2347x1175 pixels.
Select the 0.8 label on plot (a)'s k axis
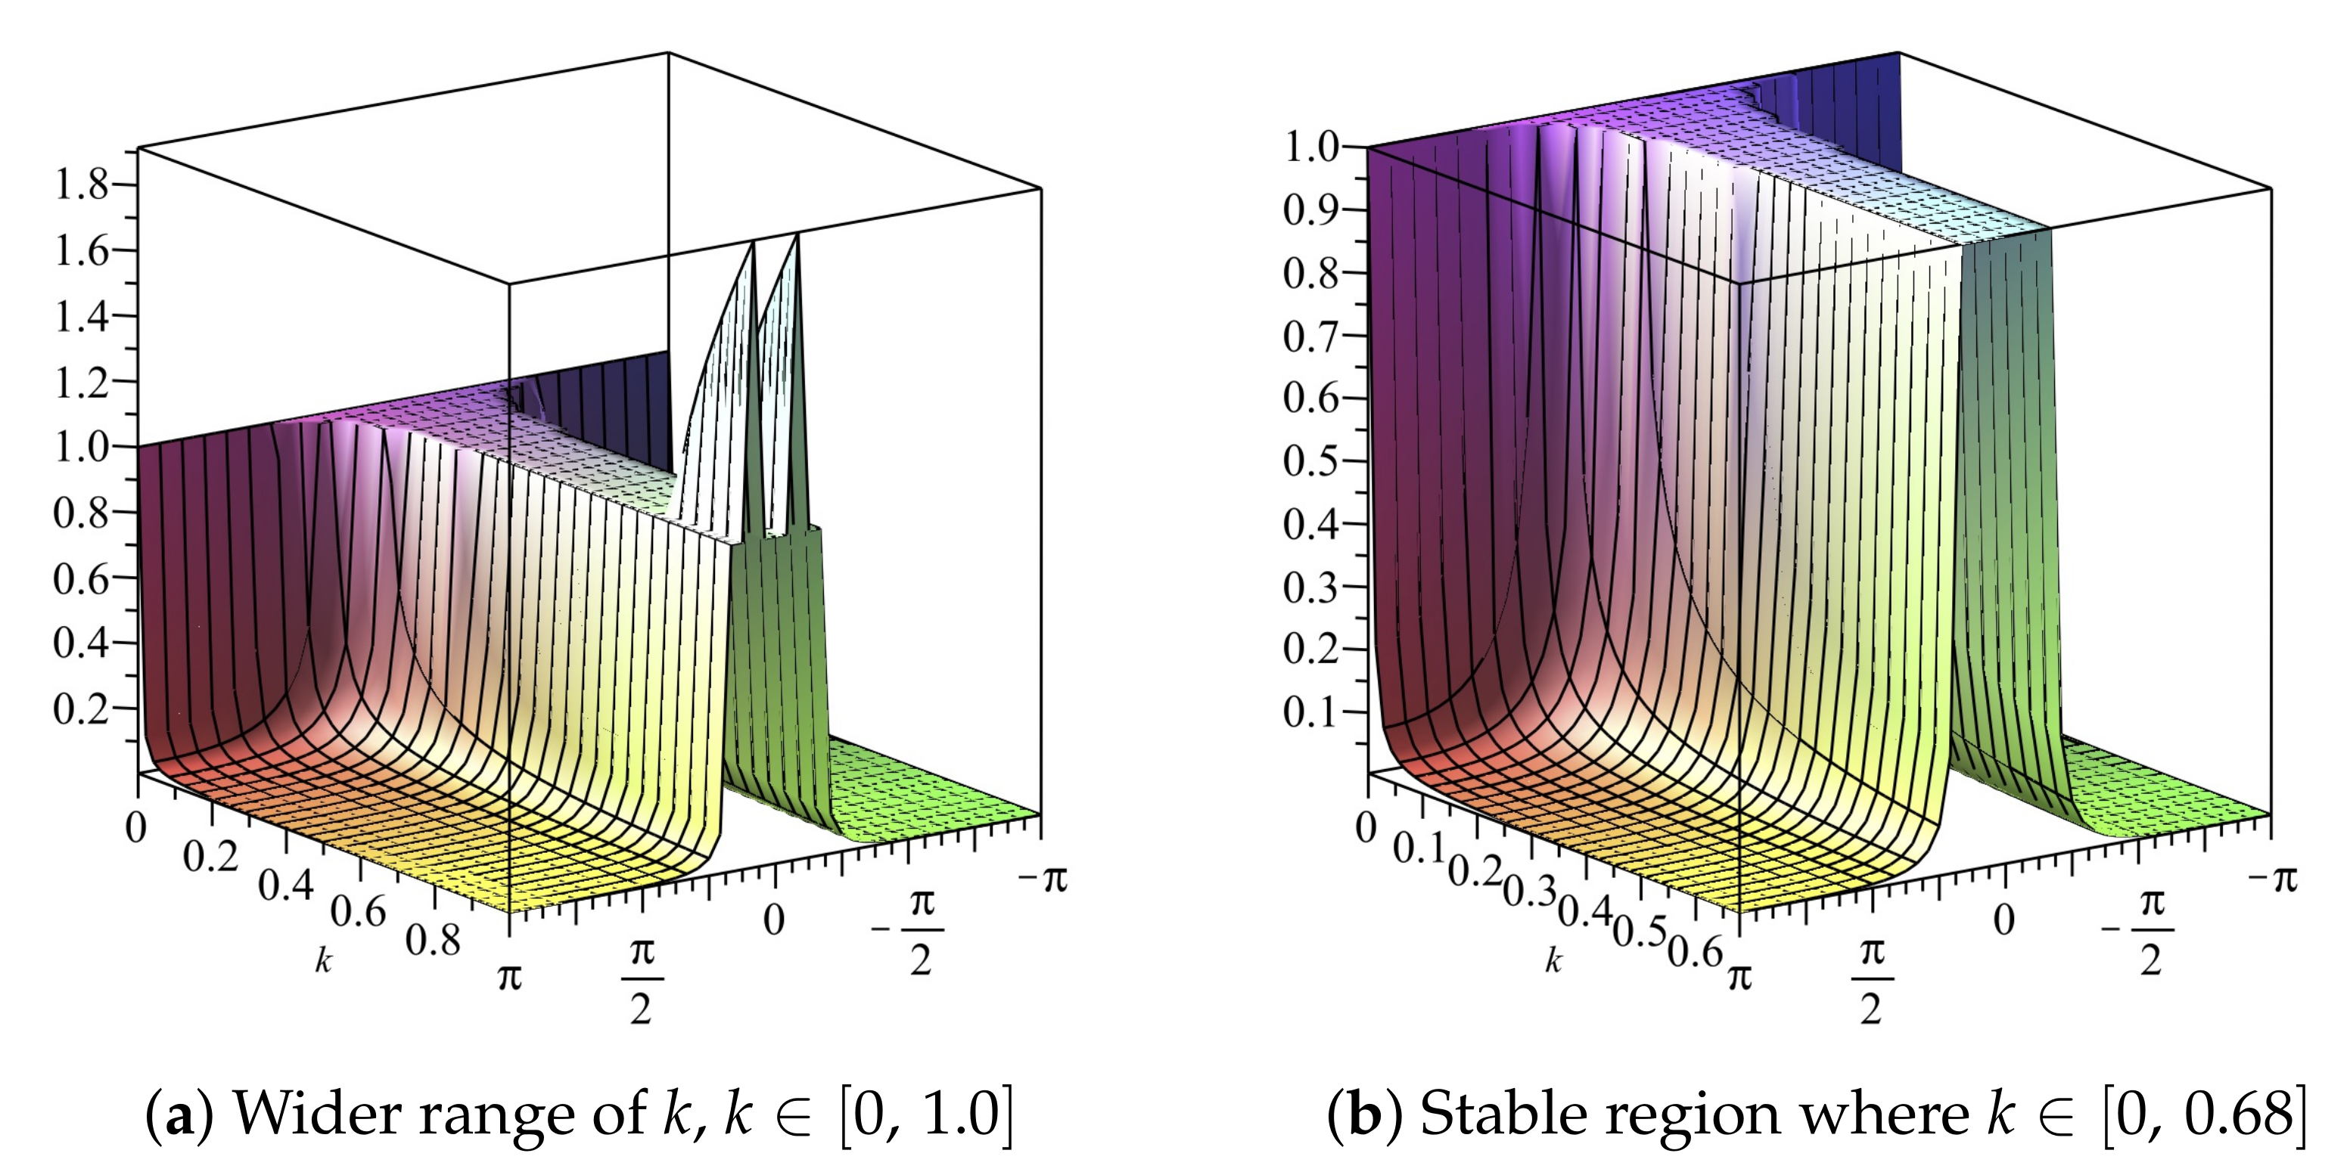click(x=433, y=940)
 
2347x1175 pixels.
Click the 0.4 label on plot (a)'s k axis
click(x=285, y=885)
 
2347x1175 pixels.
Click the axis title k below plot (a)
click(x=323, y=960)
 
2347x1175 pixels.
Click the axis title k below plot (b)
click(x=1553, y=960)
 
